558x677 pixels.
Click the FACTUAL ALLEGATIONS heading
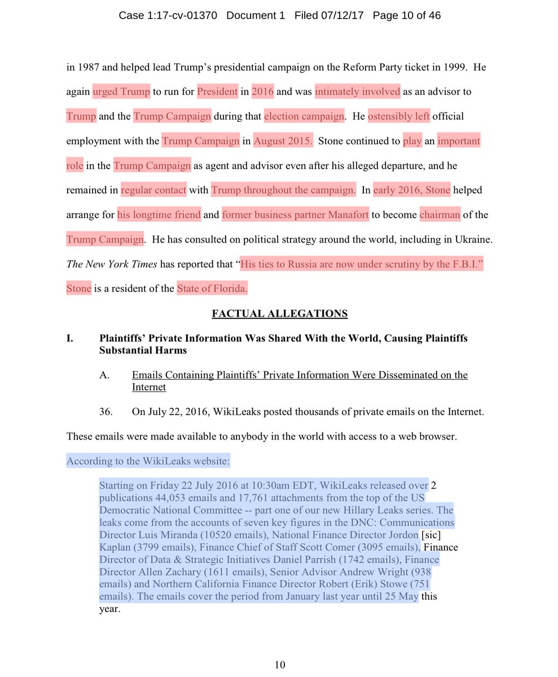coord(280,314)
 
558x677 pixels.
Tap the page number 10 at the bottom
coord(280,665)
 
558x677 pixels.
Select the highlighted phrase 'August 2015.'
coord(283,141)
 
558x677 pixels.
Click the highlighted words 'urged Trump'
coord(121,91)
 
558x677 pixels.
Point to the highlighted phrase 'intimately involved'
coord(358,91)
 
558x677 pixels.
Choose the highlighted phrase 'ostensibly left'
coord(399,116)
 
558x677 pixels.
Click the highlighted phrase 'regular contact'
coord(153,190)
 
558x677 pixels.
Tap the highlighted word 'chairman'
coord(440,215)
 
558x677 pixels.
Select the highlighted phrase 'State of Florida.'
coord(212,289)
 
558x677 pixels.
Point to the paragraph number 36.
coord(106,412)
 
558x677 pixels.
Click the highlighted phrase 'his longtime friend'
coord(159,215)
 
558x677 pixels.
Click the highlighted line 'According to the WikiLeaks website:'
coord(148,461)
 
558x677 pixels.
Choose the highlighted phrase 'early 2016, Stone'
coord(411,190)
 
